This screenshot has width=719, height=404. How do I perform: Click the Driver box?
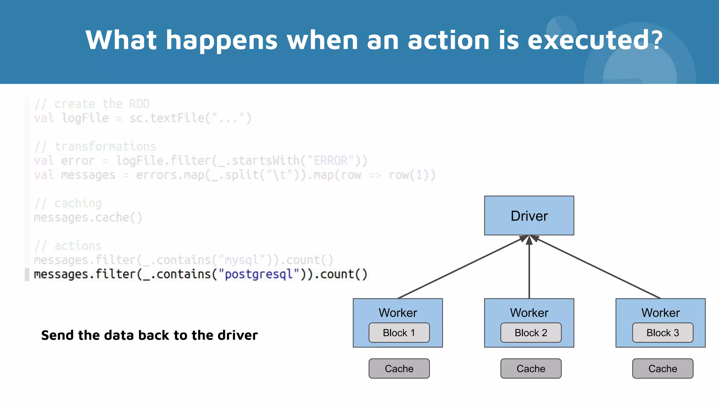[x=529, y=216]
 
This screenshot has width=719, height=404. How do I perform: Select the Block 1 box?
[x=399, y=332]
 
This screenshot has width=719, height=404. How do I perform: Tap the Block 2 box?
[x=530, y=332]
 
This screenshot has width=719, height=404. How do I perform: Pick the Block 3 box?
[x=662, y=332]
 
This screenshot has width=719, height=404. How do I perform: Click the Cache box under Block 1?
[x=399, y=369]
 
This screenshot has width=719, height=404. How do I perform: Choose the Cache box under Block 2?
[x=530, y=369]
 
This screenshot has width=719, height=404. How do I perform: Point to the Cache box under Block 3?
[x=662, y=369]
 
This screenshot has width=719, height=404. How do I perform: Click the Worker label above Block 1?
[x=398, y=312]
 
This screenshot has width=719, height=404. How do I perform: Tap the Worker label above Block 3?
[x=660, y=312]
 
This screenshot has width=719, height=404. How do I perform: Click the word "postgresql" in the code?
[x=258, y=274]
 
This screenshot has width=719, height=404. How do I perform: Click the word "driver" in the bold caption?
[x=237, y=335]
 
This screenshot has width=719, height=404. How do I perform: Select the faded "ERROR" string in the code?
[x=330, y=161]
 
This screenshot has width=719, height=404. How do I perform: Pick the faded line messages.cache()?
[x=88, y=217]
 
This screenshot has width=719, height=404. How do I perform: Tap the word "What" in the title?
[x=121, y=40]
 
